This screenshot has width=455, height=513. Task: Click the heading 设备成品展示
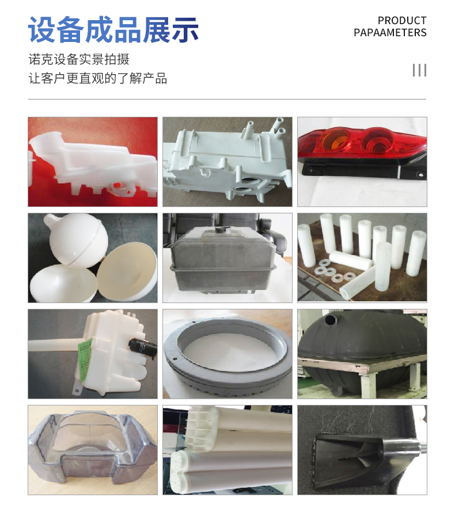point(113,30)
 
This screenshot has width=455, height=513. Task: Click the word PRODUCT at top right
point(402,21)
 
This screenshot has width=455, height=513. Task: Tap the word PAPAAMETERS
point(390,33)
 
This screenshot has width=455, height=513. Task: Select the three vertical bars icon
point(419,70)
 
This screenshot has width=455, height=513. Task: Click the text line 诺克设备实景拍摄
point(79,59)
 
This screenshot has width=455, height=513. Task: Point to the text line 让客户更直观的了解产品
point(98,79)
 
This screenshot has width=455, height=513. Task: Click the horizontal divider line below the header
point(227,99)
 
